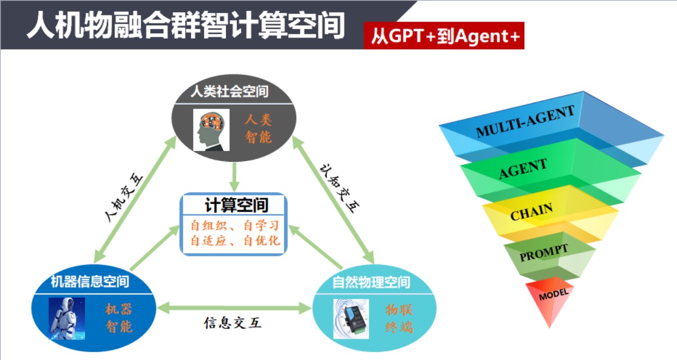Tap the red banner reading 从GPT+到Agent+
(444, 36)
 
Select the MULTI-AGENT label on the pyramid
(525, 122)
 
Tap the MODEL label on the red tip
(554, 294)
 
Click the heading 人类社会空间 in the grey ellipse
(230, 91)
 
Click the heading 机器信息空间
(89, 281)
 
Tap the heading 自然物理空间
(371, 282)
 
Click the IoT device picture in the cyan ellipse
(351, 318)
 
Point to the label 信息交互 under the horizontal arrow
(233, 322)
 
